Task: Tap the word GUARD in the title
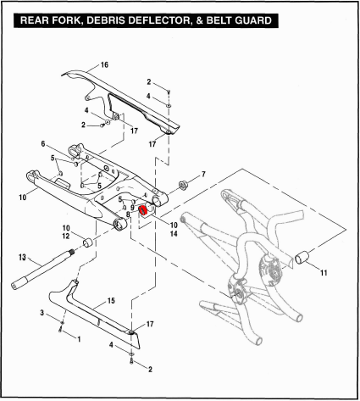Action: [253, 20]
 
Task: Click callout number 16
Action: [104, 65]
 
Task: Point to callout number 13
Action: [22, 258]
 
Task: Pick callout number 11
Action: [324, 273]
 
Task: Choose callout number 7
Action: [203, 175]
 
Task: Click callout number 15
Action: [111, 301]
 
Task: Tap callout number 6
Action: [43, 144]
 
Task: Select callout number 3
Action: [42, 313]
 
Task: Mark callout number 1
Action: [79, 339]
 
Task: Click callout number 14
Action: [174, 234]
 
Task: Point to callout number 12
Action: [66, 236]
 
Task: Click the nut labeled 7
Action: [183, 186]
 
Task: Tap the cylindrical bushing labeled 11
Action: [302, 257]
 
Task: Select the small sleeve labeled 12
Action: [87, 242]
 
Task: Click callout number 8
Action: [128, 214]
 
